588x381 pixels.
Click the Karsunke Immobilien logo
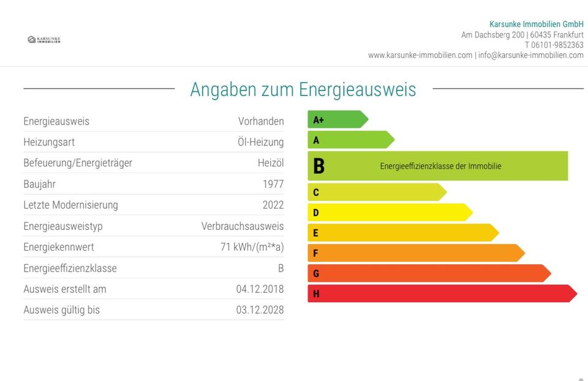44,40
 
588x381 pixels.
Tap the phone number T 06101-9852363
554,45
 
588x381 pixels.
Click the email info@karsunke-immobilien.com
530,56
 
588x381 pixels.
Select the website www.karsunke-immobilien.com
420,56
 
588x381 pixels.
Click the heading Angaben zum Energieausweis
303,89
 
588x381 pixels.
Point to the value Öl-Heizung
260,142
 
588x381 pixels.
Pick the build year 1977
273,184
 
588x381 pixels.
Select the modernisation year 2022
273,205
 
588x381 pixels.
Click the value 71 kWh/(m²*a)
252,247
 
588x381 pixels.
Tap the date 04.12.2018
260,289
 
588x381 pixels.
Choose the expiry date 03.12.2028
260,310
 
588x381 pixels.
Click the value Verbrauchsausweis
243,226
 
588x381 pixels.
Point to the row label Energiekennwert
59,247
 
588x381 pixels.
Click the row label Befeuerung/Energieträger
78,163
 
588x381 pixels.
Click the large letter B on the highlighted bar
318,166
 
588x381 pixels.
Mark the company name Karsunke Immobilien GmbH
537,24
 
